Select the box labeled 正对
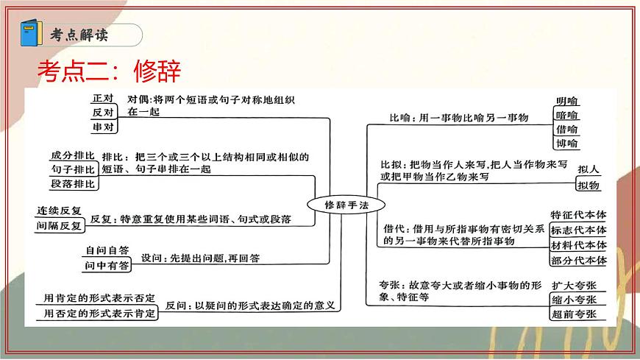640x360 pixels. click(102, 99)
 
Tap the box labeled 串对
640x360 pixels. click(102, 127)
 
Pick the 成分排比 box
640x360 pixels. click(72, 156)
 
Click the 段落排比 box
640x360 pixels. click(72, 183)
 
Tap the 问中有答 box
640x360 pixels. click(107, 264)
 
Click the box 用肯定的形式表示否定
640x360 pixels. click(99, 298)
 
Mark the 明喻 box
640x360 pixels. click(567, 102)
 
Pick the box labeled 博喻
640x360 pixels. click(567, 143)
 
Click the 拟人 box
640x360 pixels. click(589, 169)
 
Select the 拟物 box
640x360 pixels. click(589, 185)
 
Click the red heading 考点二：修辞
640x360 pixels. click(108, 71)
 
